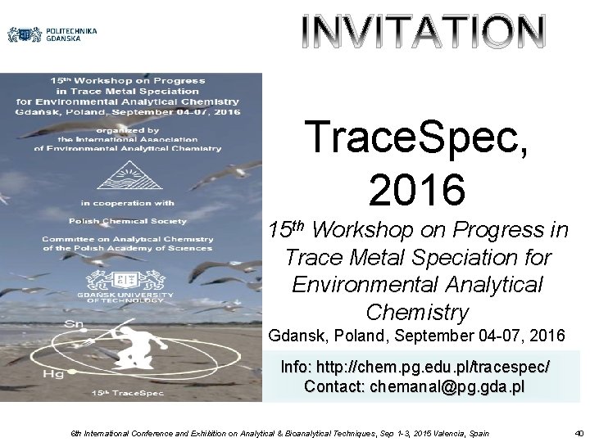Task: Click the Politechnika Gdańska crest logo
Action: [x=25, y=34]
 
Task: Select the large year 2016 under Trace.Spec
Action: [x=417, y=187]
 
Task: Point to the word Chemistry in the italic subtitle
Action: [x=417, y=312]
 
